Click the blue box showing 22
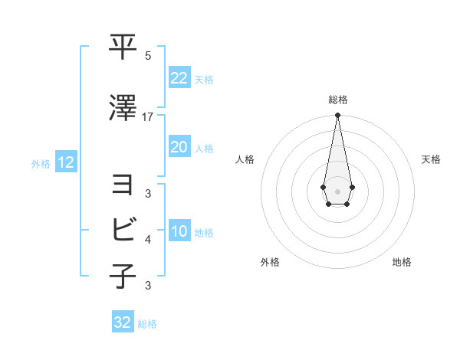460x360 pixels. (179, 77)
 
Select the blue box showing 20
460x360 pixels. (179, 147)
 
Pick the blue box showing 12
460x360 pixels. (65, 162)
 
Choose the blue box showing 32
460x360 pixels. (123, 322)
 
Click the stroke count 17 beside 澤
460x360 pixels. (148, 116)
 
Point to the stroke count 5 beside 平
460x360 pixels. (148, 56)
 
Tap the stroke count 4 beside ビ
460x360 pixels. (148, 240)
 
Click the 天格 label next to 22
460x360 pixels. (204, 79)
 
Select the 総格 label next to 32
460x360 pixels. (147, 324)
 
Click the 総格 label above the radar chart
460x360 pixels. (337, 100)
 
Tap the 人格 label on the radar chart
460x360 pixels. (245, 159)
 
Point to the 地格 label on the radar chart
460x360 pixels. (402, 263)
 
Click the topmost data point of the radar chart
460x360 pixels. (337, 116)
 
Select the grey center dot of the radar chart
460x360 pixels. (337, 191)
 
